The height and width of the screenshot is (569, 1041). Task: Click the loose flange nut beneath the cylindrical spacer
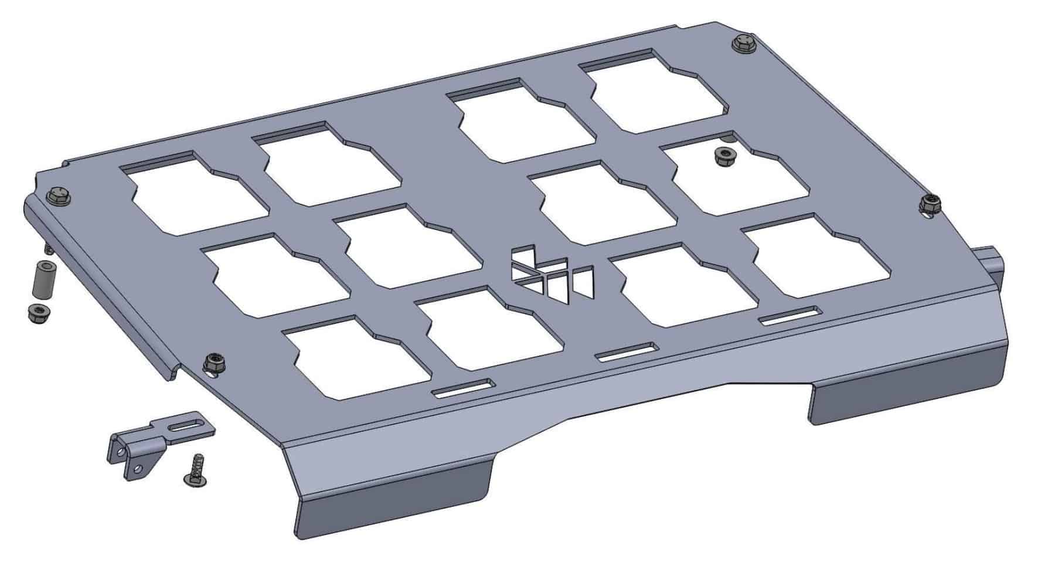38,313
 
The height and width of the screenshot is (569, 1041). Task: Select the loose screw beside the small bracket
194,470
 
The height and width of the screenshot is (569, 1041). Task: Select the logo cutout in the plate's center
551,273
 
